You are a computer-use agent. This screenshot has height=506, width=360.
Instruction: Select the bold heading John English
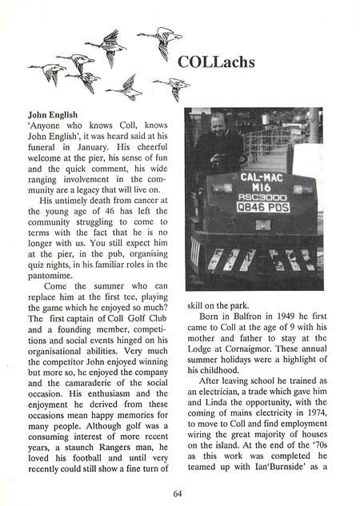pos(57,114)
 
